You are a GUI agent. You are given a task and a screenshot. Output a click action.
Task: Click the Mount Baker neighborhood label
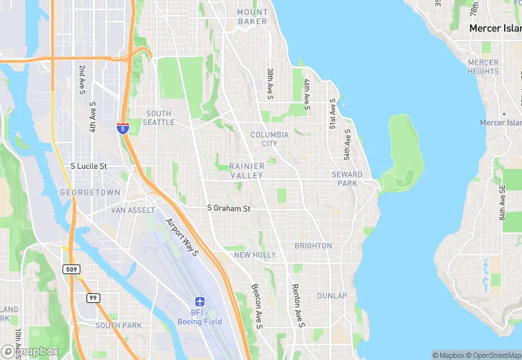(252, 16)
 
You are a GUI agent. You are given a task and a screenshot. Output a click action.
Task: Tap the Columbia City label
(264, 139)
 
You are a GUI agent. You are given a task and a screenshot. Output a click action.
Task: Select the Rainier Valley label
(246, 171)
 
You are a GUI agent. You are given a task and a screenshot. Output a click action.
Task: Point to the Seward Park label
(346, 179)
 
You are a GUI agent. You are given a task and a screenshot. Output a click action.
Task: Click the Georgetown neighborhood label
(90, 193)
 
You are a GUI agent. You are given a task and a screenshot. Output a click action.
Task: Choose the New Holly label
(255, 255)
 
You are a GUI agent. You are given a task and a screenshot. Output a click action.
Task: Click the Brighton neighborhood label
(313, 246)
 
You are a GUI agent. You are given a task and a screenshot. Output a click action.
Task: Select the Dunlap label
(332, 296)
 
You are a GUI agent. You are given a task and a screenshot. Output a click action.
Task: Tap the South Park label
(118, 326)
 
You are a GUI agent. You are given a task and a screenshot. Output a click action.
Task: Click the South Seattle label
(159, 118)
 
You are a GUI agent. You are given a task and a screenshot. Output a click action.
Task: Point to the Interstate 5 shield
(122, 128)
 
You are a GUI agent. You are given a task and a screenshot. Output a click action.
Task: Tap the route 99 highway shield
(93, 297)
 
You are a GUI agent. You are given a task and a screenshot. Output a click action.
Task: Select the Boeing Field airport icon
(200, 302)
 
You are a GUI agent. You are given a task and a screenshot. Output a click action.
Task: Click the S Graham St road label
(229, 207)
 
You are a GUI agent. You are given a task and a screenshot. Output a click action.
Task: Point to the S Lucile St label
(89, 166)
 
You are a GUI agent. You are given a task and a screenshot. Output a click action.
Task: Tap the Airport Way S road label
(182, 238)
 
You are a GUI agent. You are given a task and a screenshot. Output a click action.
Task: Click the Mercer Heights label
(484, 67)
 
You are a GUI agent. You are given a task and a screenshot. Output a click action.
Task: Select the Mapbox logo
(31, 351)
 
